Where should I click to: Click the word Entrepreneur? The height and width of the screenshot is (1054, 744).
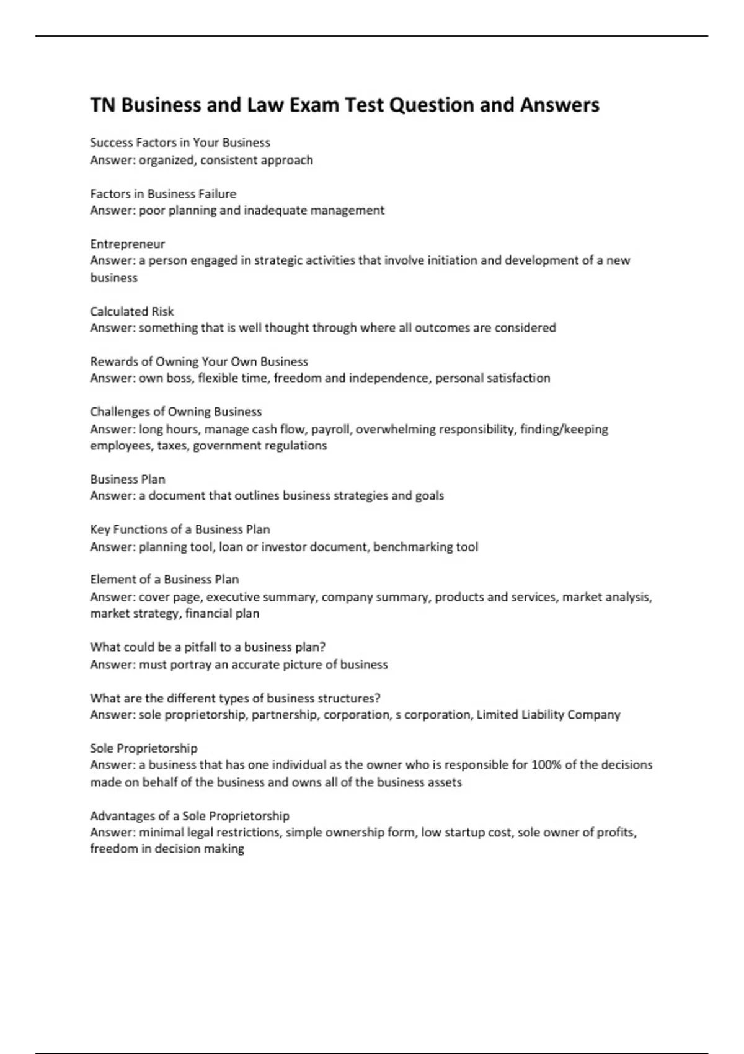[127, 244]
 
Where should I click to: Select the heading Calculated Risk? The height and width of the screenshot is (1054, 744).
[131, 311]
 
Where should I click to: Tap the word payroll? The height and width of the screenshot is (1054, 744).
[330, 429]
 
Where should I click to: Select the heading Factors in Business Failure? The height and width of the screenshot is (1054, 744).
[163, 193]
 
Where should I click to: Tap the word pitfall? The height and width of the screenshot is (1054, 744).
[200, 647]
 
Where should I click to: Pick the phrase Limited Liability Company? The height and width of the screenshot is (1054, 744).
[548, 715]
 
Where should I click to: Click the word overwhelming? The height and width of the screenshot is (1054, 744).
[396, 429]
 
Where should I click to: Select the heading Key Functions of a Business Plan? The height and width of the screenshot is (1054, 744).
[180, 529]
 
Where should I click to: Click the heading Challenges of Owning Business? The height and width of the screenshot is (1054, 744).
[175, 412]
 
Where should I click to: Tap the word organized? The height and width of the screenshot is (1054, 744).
[166, 160]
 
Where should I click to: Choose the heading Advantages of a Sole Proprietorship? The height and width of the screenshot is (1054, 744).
[190, 816]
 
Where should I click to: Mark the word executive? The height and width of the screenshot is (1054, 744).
[232, 597]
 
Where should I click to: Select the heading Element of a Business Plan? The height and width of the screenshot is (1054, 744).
[164, 580]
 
